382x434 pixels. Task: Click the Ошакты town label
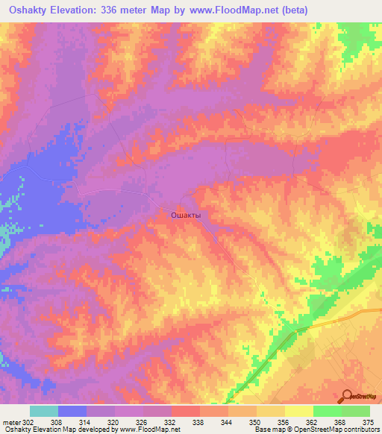click(x=186, y=215)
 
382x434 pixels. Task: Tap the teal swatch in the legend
click(x=44, y=411)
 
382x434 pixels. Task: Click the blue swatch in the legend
click(x=72, y=411)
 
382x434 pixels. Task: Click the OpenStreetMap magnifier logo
click(x=348, y=396)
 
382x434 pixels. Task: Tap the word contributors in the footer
click(x=363, y=430)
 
